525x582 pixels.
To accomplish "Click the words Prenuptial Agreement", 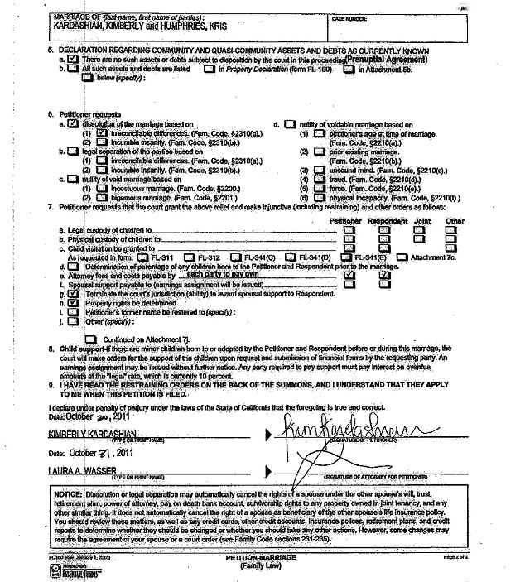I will [x=387, y=60].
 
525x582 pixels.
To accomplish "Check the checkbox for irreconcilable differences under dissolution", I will [x=101, y=132].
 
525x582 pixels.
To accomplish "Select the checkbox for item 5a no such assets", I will [x=75, y=60].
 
